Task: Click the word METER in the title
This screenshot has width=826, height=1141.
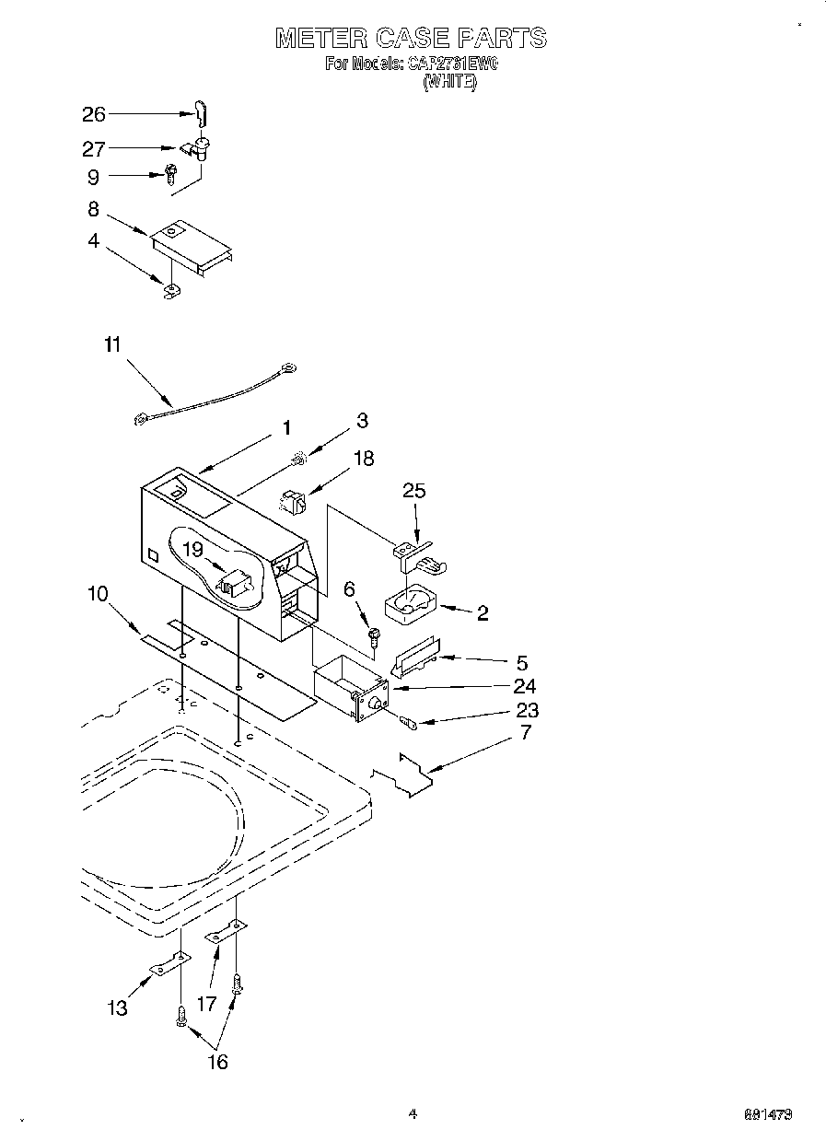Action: pos(321,38)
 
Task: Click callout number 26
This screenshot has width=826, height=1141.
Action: pos(94,114)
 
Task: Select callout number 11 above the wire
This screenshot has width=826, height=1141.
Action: pos(111,344)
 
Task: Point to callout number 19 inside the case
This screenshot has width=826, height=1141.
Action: pos(192,550)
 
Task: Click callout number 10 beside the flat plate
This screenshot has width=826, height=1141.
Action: pos(97,594)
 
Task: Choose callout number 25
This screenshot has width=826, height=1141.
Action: pos(414,491)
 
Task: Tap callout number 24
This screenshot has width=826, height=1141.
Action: pos(526,686)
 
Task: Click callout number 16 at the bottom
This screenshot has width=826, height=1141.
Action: pos(216,1062)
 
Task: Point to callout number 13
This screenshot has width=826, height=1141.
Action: pos(117,1008)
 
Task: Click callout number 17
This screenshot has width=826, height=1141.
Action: pos(207,1003)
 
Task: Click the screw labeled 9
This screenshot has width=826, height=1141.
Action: pos(170,171)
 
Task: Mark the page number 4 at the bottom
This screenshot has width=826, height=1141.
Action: pos(413,1113)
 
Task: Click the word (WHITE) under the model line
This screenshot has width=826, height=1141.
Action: pos(449,82)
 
